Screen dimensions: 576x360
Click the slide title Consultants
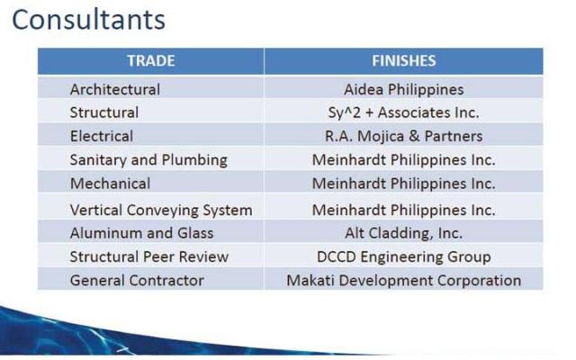tap(88, 20)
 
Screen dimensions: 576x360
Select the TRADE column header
tap(151, 60)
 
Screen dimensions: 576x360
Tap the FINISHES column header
tap(404, 60)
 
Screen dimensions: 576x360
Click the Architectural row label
tap(115, 89)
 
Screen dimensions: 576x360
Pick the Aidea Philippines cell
tap(404, 90)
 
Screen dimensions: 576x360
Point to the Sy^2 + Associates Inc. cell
tap(404, 112)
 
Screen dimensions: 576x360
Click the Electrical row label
tap(102, 136)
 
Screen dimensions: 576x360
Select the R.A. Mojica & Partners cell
tap(404, 136)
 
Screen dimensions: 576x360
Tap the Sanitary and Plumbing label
tap(148, 160)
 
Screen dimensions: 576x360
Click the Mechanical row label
tap(110, 184)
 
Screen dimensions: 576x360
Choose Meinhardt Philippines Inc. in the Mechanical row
tap(404, 184)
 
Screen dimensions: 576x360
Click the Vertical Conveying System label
tap(161, 211)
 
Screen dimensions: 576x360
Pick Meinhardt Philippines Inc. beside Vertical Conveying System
tap(404, 211)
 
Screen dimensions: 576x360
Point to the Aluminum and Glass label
tap(141, 233)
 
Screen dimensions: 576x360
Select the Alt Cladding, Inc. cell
tap(404, 234)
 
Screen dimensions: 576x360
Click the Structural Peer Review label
tap(149, 256)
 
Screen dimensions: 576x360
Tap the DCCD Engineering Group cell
tap(404, 257)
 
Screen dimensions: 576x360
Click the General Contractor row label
tap(137, 280)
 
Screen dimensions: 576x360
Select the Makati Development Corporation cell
tap(404, 281)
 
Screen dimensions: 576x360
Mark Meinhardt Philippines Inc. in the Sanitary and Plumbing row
tap(404, 160)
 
